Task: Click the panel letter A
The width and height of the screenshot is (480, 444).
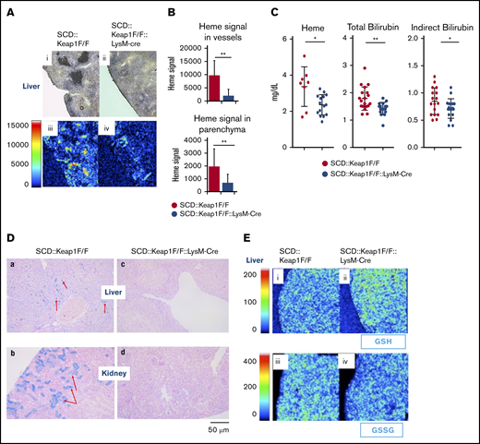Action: coord(7,12)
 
